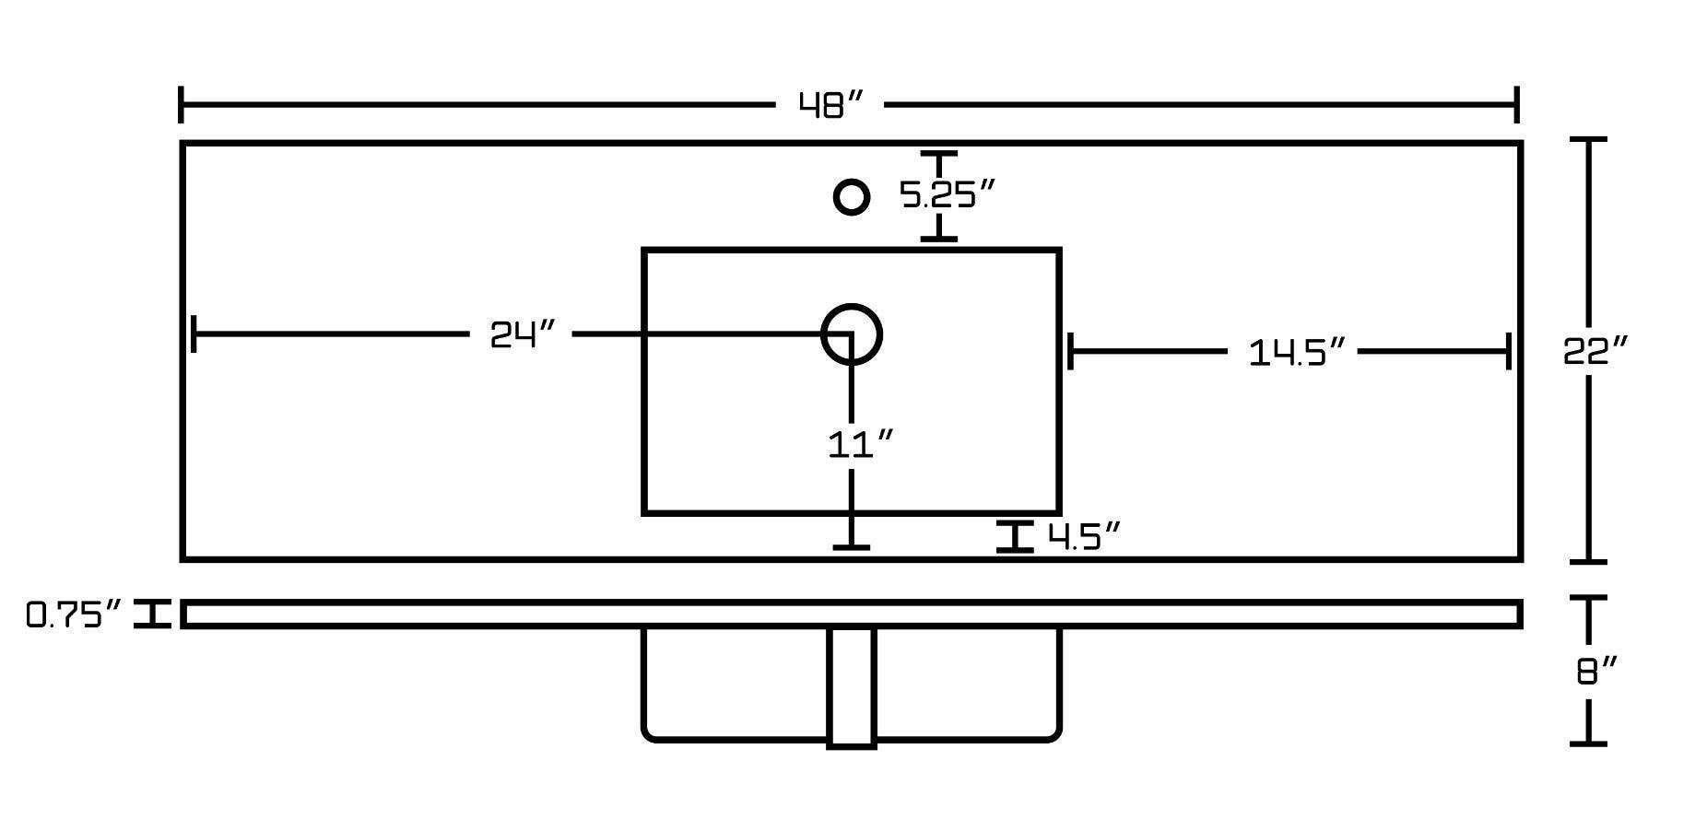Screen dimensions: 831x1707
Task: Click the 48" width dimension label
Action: click(830, 106)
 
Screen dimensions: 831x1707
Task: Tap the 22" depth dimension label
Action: click(1595, 351)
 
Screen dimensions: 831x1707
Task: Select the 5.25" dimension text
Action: click(948, 194)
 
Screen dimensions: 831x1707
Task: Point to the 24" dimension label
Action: click(523, 334)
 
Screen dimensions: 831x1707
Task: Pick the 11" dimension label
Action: click(861, 445)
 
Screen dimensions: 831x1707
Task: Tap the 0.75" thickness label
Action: click(74, 614)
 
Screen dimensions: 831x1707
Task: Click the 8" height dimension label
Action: click(1597, 671)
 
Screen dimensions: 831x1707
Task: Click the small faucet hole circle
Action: click(851, 197)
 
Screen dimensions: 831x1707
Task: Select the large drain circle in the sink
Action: click(851, 334)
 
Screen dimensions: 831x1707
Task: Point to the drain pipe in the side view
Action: click(852, 686)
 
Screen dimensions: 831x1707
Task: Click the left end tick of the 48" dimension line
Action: click(182, 105)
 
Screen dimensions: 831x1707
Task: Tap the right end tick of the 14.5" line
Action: click(1508, 351)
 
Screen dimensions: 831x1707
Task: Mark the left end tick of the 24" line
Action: click(194, 334)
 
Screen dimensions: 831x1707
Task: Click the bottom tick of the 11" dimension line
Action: click(851, 548)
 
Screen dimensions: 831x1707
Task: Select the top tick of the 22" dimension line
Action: click(1588, 140)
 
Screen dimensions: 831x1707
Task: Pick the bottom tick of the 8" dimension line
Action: click(1588, 743)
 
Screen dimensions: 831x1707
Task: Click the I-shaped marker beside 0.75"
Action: click(153, 614)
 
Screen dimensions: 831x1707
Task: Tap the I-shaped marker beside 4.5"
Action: click(1015, 536)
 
